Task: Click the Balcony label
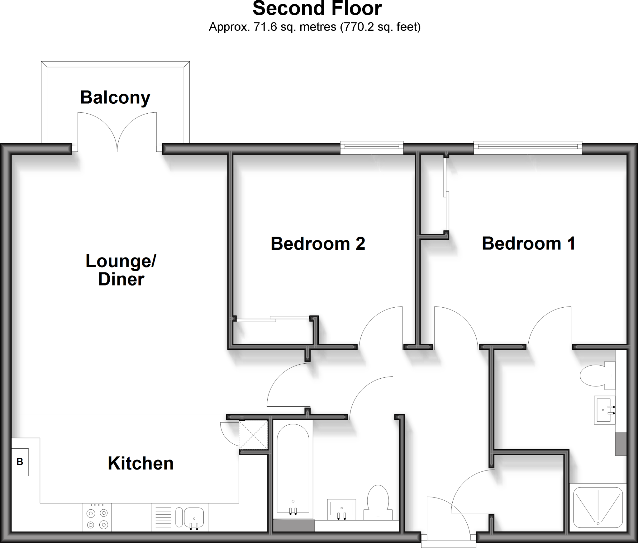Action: point(115,97)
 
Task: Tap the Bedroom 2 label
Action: point(318,243)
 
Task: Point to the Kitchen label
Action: point(140,463)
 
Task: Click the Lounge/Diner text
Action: point(121,270)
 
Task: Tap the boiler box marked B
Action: point(20,462)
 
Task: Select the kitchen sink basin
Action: point(194,518)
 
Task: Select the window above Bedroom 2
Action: point(372,148)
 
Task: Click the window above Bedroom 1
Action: point(528,148)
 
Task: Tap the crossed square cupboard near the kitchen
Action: point(253,435)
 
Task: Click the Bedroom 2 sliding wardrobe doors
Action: point(272,319)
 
